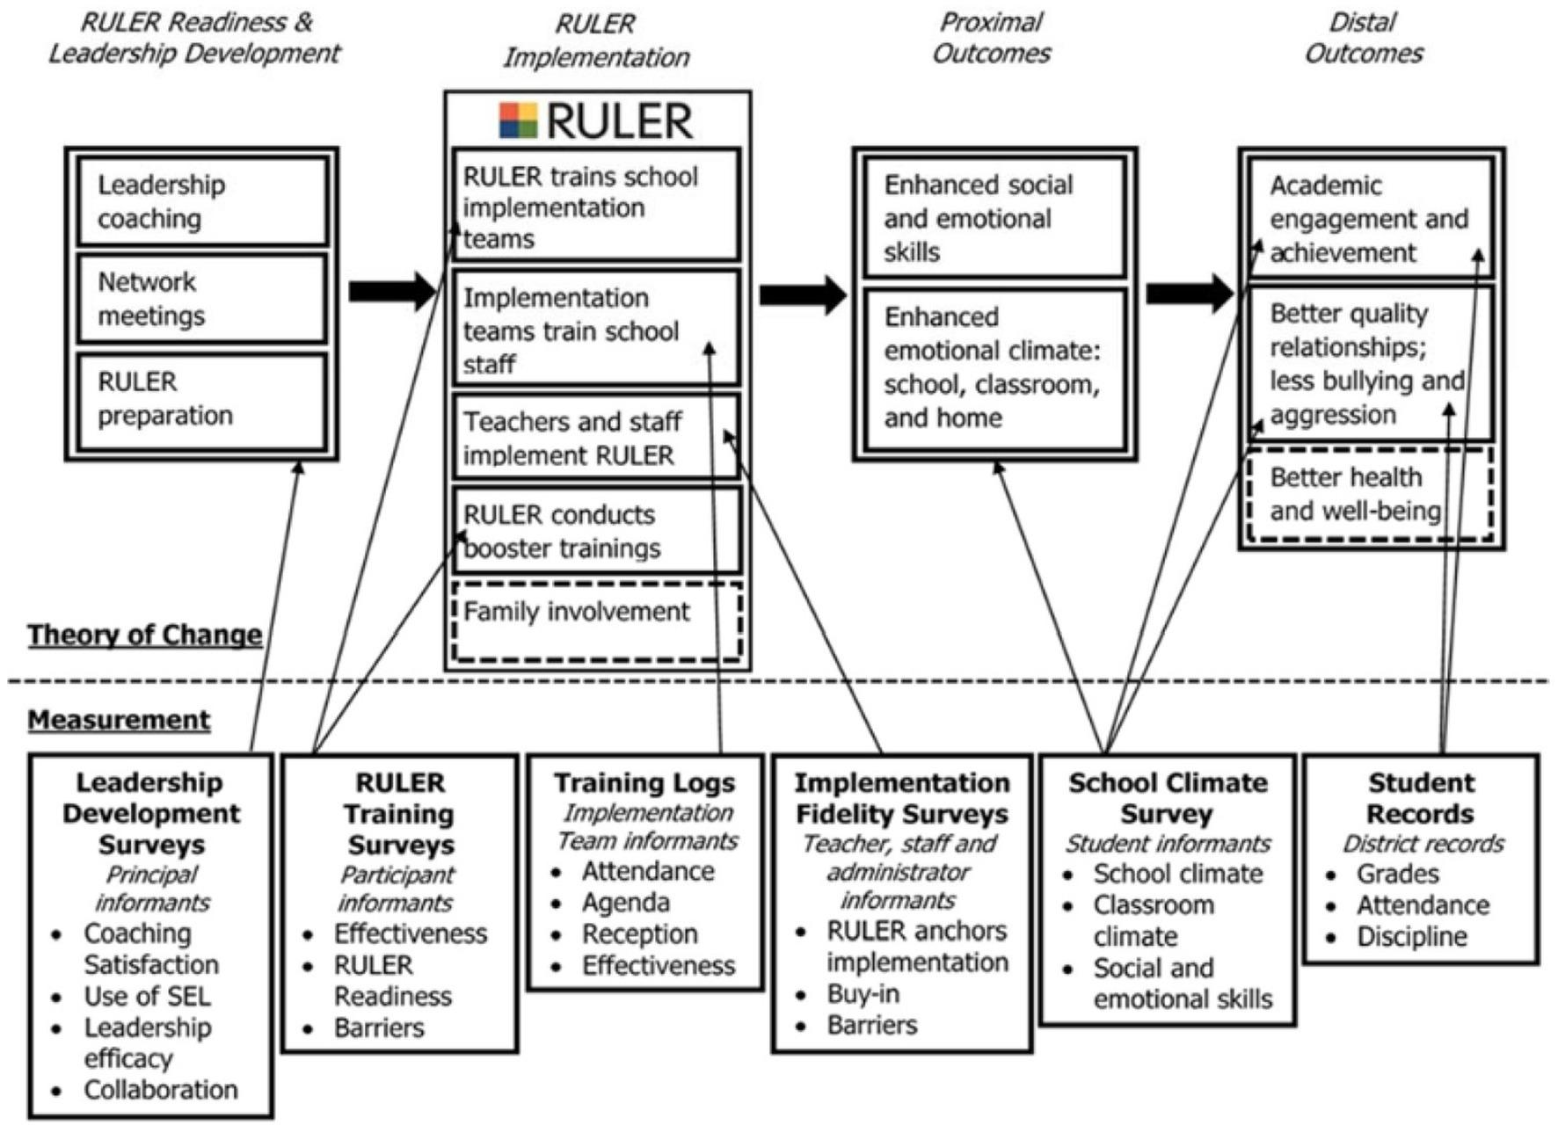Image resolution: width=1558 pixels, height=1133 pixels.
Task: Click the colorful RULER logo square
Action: tap(518, 120)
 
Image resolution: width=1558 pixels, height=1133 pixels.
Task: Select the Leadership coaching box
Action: tap(202, 202)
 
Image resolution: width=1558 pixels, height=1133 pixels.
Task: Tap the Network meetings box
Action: tap(202, 299)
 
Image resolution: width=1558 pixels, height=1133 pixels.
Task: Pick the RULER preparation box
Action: tap(202, 400)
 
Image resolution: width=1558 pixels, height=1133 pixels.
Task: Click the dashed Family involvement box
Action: tap(597, 621)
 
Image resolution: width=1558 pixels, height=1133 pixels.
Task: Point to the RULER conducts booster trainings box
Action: tap(597, 531)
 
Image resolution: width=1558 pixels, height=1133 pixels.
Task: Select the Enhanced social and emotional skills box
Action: tap(994, 218)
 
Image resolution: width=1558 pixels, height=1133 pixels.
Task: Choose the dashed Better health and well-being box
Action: tap(1369, 495)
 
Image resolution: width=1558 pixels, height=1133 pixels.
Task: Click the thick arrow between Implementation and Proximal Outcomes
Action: tap(802, 294)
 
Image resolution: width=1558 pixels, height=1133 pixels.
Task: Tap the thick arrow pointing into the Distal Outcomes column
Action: tap(1189, 294)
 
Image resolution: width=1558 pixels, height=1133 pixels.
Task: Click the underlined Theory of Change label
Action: tap(144, 635)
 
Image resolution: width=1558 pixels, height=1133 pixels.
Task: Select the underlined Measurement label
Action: tap(119, 720)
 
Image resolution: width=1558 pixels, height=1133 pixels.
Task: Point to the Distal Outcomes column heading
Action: tap(1363, 38)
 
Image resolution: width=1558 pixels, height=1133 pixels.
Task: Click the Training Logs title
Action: tap(644, 782)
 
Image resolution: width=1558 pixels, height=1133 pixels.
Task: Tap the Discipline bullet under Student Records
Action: tap(1410, 937)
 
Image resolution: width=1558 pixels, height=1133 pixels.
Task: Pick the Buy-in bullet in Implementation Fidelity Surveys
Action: tap(863, 994)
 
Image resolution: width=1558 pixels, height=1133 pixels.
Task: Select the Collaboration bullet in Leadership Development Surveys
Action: tap(160, 1090)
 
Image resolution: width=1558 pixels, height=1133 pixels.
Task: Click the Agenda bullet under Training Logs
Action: tap(625, 903)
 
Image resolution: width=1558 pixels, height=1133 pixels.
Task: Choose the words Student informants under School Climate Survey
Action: tap(1168, 844)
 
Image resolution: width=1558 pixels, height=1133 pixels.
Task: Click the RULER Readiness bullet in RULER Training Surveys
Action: tap(392, 981)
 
